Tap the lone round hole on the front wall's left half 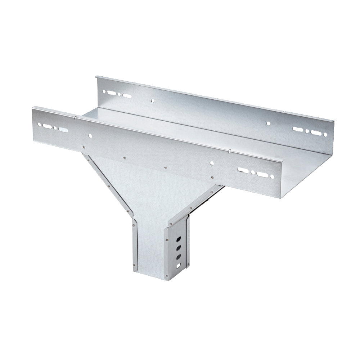90,136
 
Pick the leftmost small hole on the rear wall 104,92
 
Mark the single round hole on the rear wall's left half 153,101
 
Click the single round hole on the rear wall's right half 268,123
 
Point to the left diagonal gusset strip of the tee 108,187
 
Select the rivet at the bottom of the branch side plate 167,277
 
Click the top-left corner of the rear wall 96,76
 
